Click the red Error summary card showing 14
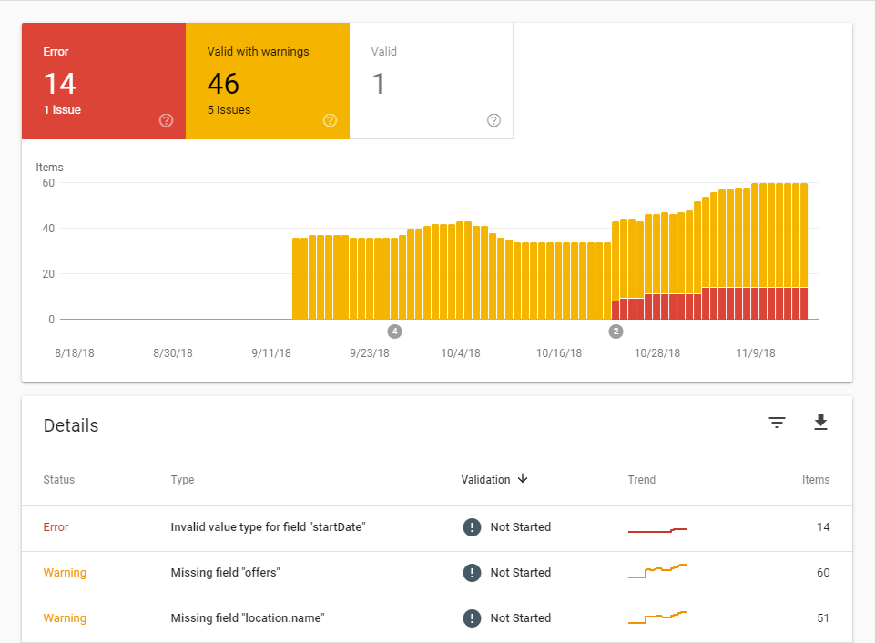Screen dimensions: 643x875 103,82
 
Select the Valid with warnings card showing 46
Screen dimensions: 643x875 267,82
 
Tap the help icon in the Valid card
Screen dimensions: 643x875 494,120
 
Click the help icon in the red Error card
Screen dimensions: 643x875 166,120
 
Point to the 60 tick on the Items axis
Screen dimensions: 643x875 48,183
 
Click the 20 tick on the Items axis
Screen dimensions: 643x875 48,274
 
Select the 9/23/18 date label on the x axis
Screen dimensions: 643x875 369,353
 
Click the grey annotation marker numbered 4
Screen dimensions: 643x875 394,332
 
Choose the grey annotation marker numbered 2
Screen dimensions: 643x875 616,332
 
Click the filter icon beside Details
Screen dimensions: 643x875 777,423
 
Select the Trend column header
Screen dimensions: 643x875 641,480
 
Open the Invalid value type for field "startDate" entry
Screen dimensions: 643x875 268,527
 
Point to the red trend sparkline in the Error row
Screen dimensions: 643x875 656,529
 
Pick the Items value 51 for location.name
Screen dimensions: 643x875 822,618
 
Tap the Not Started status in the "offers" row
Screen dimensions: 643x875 520,573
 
